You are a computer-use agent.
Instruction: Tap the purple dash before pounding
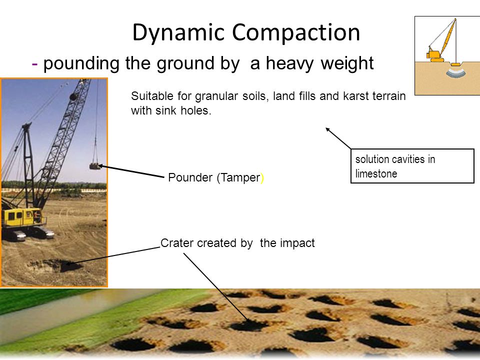coord(35,64)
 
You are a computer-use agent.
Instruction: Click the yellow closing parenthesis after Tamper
coord(262,178)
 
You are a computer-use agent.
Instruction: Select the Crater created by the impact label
coord(237,243)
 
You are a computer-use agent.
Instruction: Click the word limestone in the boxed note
coord(376,174)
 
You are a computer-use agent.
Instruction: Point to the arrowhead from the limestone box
coord(328,129)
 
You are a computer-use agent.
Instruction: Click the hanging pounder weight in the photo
coord(94,165)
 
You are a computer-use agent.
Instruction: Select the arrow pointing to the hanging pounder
coord(132,171)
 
